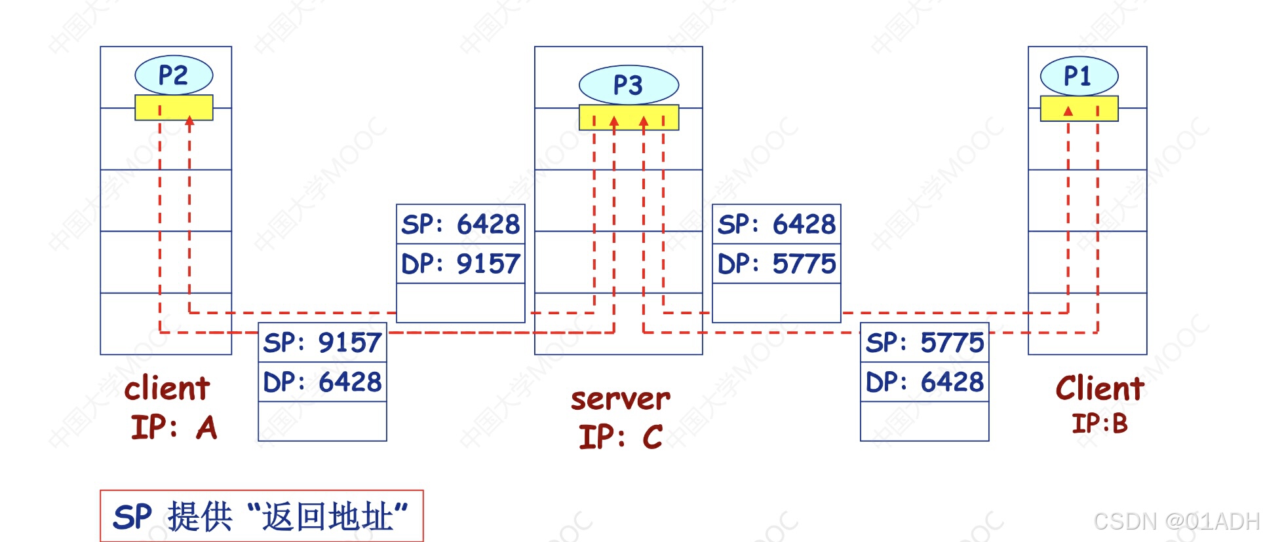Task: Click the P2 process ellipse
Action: (174, 75)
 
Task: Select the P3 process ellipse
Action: (629, 85)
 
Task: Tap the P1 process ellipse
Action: (1079, 76)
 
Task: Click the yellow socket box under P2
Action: (174, 107)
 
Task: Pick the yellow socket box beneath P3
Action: (629, 117)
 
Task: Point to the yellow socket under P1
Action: (1079, 109)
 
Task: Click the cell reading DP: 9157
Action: (461, 264)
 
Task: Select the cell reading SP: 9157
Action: (322, 342)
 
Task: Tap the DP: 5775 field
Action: (777, 264)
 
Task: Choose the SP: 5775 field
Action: (925, 342)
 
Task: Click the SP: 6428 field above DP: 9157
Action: (461, 225)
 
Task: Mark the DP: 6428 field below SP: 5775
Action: (925, 382)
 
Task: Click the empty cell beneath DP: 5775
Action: (777, 302)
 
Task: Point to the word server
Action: (620, 399)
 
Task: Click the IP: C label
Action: (620, 437)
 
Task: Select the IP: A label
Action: (174, 427)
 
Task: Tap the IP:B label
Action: (1100, 424)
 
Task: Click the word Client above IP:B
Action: (1100, 388)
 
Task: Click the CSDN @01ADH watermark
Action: (1176, 522)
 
